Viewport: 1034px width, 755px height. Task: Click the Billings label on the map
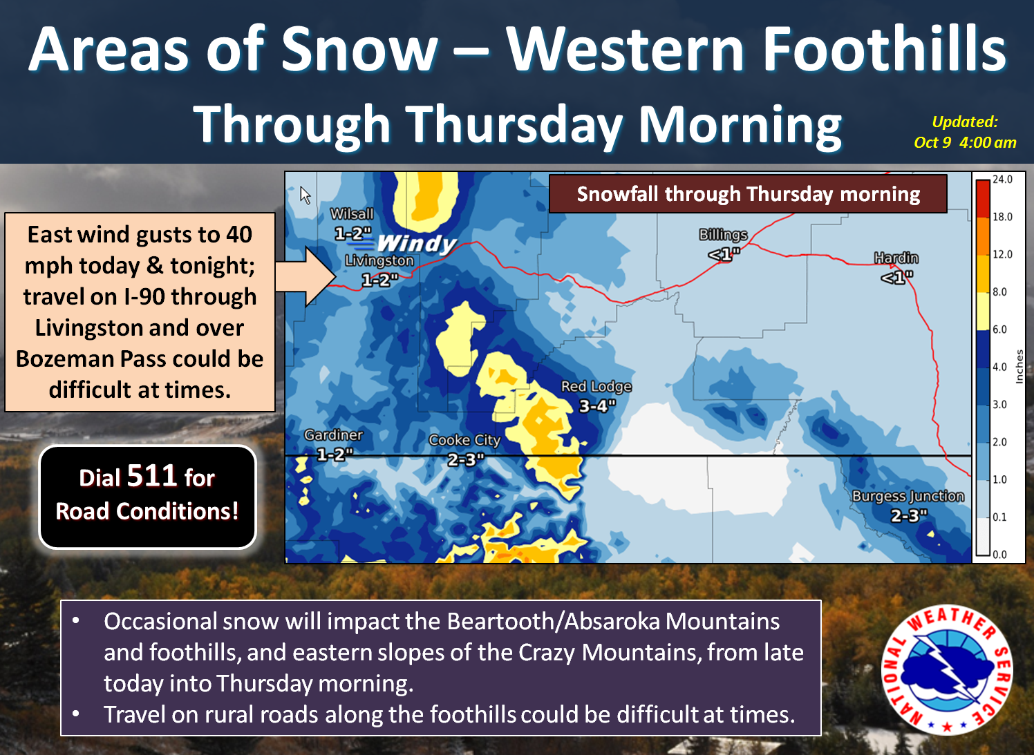tap(723, 235)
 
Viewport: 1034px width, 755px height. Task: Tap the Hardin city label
tap(896, 258)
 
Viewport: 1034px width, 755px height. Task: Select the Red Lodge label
tap(596, 386)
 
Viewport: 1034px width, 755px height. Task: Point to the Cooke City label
tap(464, 440)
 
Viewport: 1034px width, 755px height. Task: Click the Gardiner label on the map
tap(333, 434)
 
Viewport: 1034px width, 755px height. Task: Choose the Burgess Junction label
tap(908, 496)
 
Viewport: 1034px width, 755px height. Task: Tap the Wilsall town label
tap(352, 213)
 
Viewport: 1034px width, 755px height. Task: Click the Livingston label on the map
tap(379, 260)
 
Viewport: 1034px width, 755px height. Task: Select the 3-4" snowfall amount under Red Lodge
tap(597, 406)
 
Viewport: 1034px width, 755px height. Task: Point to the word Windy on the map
tap(417, 243)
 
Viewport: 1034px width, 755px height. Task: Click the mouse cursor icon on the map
tap(305, 195)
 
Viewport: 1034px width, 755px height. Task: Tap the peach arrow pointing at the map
tap(305, 277)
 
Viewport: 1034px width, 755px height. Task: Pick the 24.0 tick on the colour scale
tap(1003, 180)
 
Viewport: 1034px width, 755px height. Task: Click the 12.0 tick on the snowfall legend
tap(1003, 254)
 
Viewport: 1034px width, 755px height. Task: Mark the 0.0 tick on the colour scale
tap(999, 555)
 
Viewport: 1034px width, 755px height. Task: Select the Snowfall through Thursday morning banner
tap(748, 193)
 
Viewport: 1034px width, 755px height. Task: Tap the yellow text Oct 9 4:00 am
tap(965, 142)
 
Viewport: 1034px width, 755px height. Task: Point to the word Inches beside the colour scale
tap(1019, 366)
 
